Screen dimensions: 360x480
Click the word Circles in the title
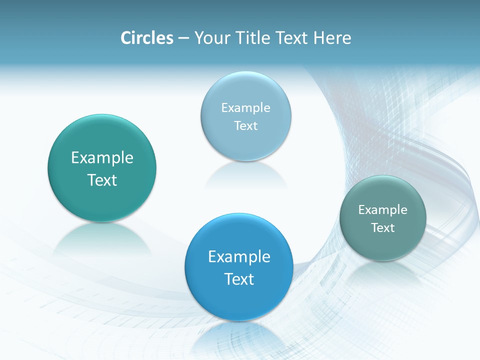(x=146, y=38)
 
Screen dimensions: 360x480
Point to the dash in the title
(x=183, y=38)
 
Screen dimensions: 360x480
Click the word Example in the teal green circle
(x=102, y=158)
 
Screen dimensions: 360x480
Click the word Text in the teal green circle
(x=102, y=180)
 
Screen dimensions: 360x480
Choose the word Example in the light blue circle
(x=246, y=107)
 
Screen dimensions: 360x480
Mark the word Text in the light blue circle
(x=246, y=125)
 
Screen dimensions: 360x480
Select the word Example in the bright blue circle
(x=239, y=257)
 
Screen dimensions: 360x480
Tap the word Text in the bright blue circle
(x=239, y=279)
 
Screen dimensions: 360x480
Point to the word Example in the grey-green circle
(x=383, y=209)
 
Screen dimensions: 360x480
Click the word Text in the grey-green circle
(x=383, y=227)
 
